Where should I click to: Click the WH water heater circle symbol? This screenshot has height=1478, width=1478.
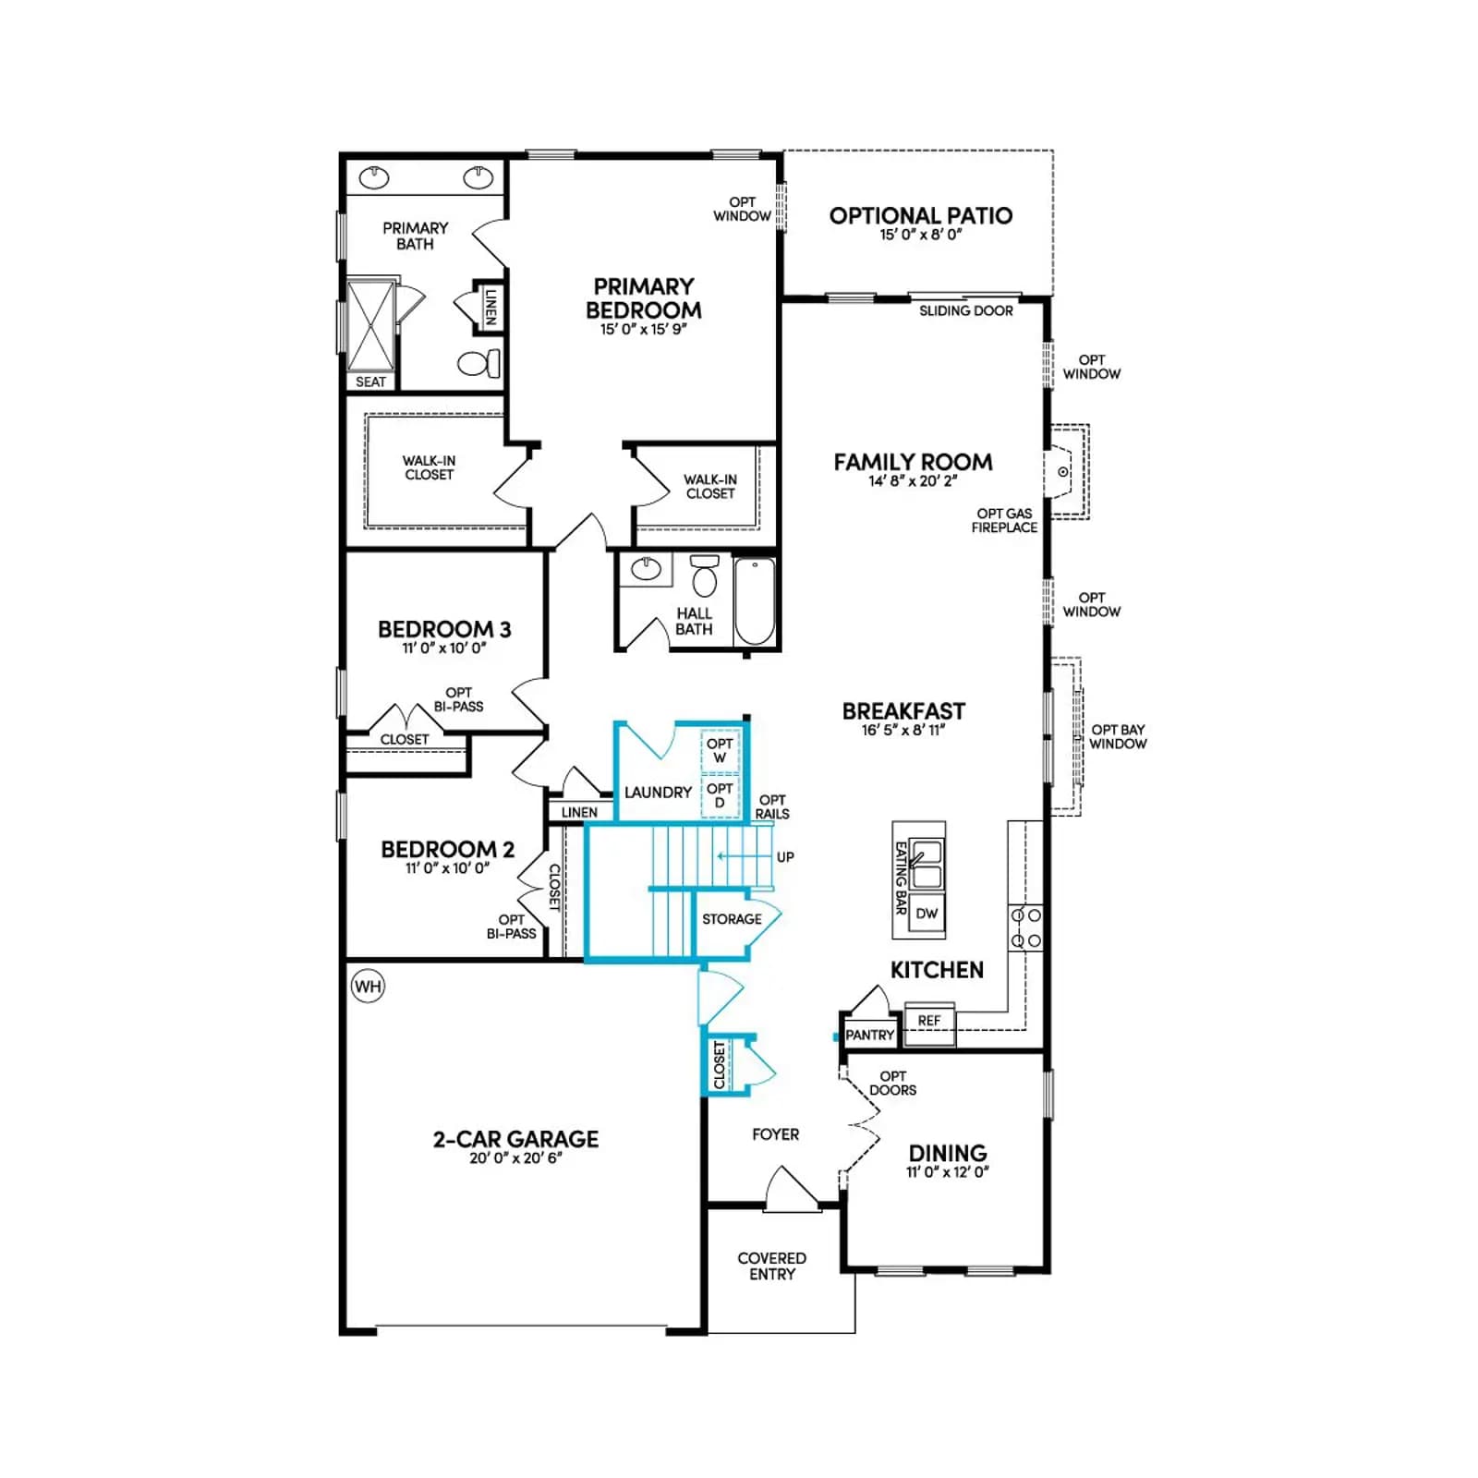(x=368, y=987)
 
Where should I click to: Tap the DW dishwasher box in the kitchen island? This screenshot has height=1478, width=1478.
(x=927, y=914)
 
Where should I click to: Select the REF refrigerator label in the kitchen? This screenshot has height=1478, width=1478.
(x=929, y=1021)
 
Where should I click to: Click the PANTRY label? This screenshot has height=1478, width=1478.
(x=870, y=1036)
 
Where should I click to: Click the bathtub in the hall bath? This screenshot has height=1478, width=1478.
(x=756, y=600)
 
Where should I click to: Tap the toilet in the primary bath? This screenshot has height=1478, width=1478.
(x=479, y=364)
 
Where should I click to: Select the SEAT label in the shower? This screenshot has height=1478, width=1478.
(x=371, y=382)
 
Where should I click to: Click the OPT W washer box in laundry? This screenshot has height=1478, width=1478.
(x=720, y=751)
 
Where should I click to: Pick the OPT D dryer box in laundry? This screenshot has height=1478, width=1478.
(x=720, y=795)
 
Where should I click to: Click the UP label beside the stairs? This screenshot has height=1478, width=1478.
(x=785, y=857)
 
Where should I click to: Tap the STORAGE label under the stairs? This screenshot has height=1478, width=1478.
(x=732, y=919)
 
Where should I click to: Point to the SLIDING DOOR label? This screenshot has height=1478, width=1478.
(x=966, y=311)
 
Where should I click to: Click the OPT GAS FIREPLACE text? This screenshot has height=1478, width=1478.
(x=1005, y=520)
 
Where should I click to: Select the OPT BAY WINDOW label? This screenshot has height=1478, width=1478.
(x=1118, y=736)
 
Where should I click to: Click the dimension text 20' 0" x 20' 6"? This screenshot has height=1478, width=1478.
(x=515, y=1158)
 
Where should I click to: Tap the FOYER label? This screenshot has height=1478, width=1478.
(x=776, y=1134)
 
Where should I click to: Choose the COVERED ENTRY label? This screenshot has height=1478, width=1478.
(x=772, y=1266)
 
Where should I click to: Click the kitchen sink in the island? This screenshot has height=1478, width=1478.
(x=927, y=864)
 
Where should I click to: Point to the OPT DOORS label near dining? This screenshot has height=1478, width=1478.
(x=893, y=1083)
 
